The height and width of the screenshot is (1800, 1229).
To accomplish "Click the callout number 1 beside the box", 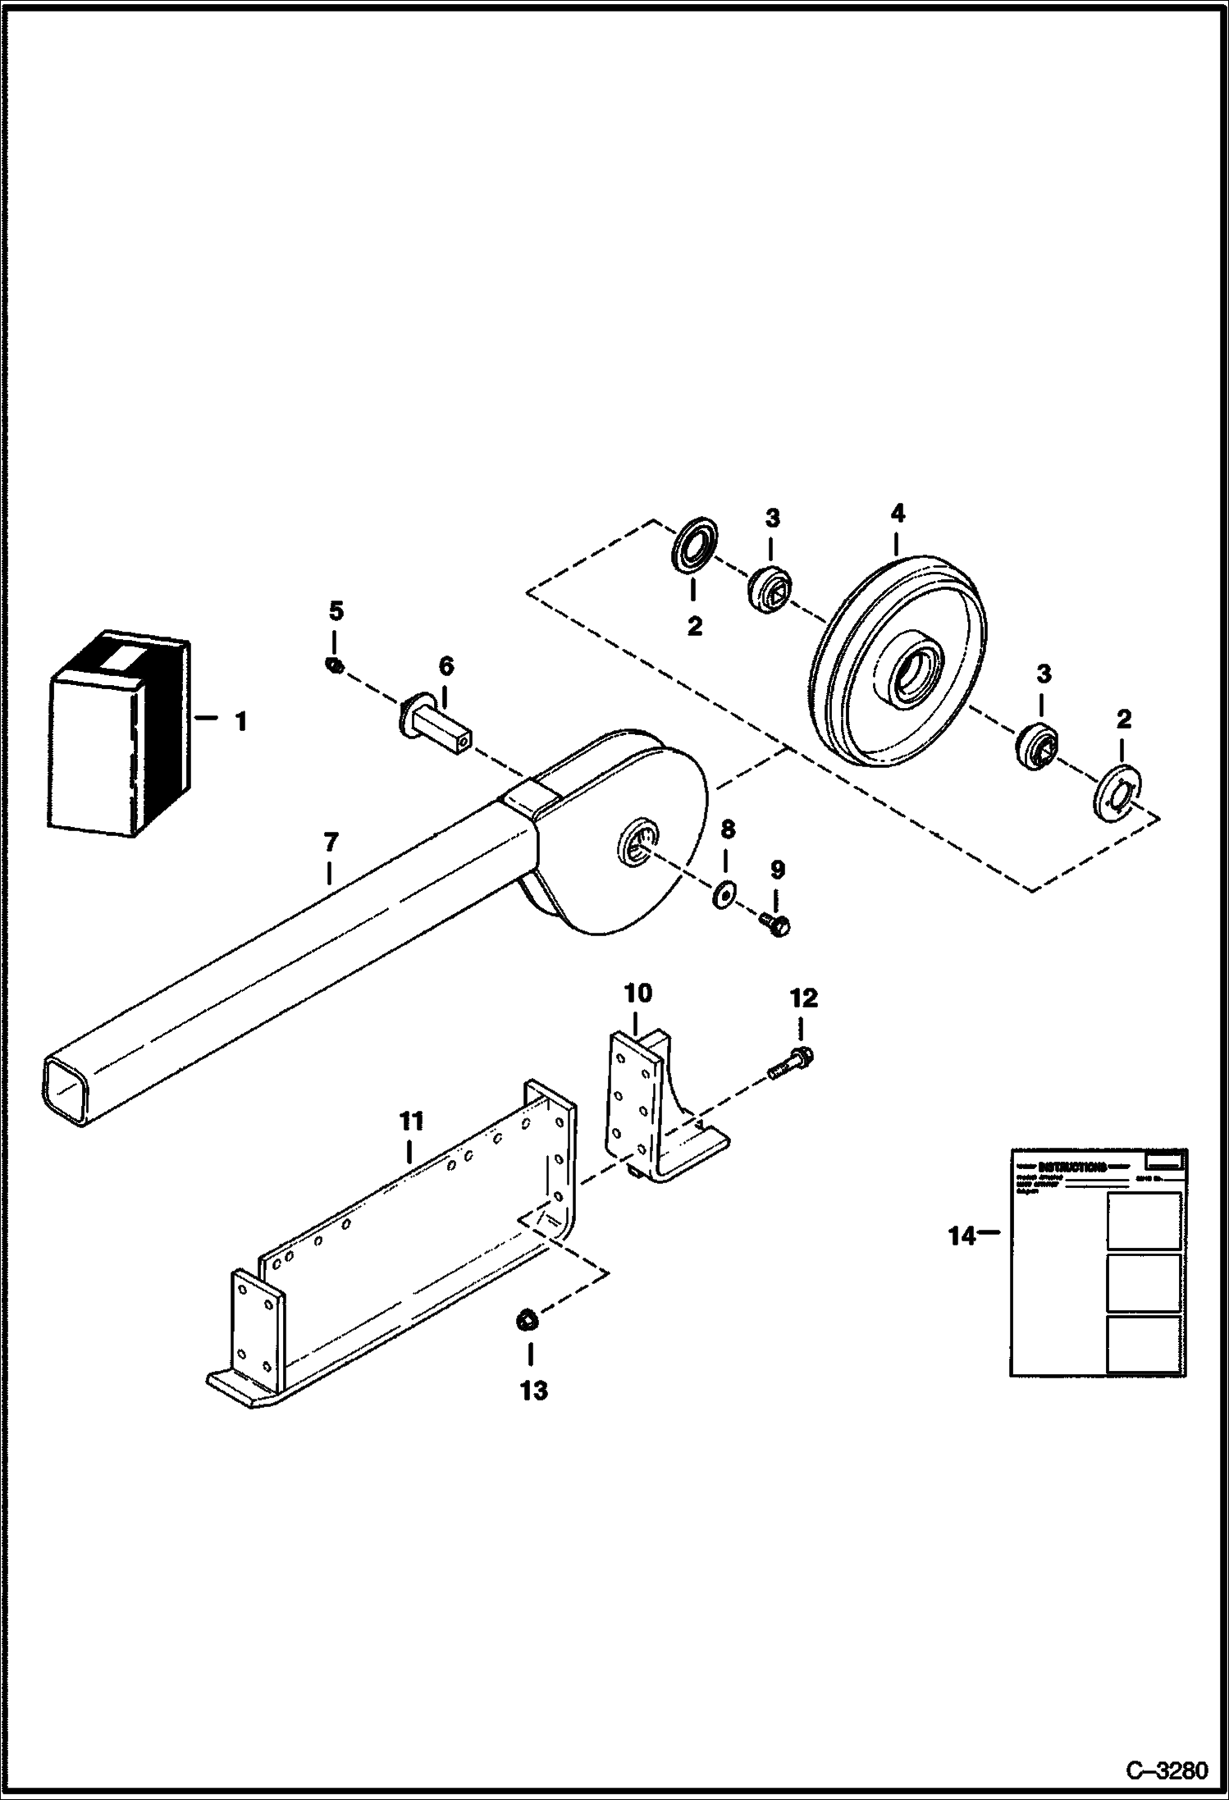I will click(x=240, y=722).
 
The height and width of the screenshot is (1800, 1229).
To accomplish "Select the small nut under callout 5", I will click(x=334, y=665).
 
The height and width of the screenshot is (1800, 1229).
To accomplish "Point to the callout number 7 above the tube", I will click(x=330, y=842).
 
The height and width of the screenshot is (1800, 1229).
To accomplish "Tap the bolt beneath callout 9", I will click(x=775, y=925).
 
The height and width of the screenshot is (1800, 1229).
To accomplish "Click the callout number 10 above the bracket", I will click(x=638, y=994).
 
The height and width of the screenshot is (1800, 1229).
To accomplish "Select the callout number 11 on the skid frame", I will click(x=410, y=1121).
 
